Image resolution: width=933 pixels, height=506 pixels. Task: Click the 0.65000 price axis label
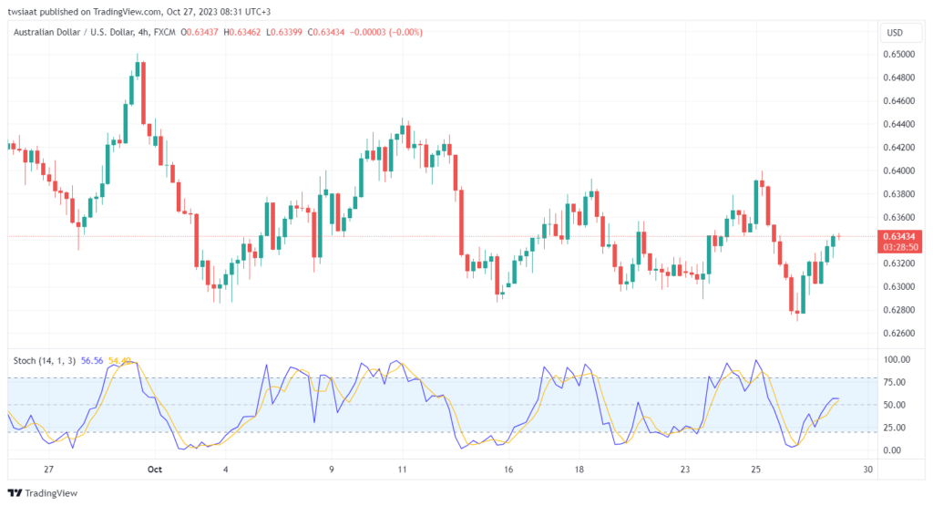[x=898, y=54]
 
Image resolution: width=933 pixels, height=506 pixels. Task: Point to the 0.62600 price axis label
[x=898, y=334]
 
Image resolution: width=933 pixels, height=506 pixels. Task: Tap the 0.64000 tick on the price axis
[x=898, y=170]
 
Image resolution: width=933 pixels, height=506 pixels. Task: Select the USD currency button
[x=895, y=33]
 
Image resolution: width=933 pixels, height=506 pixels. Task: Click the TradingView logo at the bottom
[x=43, y=493]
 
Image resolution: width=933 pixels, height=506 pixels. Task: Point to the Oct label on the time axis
[x=155, y=470]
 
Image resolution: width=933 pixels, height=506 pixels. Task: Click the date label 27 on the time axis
[x=49, y=470]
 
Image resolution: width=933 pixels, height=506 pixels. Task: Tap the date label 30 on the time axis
[x=868, y=470]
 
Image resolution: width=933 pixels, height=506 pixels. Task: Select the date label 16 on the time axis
[x=508, y=470]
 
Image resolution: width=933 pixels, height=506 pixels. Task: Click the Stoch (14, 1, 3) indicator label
[x=45, y=361]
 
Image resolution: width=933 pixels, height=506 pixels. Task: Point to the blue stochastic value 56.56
[x=92, y=361]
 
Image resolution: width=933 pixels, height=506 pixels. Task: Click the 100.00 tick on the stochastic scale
[x=897, y=359]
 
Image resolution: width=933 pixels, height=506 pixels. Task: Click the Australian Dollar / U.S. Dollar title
[x=73, y=32]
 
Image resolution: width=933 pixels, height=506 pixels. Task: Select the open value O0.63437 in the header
[x=200, y=32]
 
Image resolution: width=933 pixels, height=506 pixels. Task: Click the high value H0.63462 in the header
[x=242, y=32]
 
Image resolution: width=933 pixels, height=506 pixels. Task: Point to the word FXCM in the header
[x=165, y=32]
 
